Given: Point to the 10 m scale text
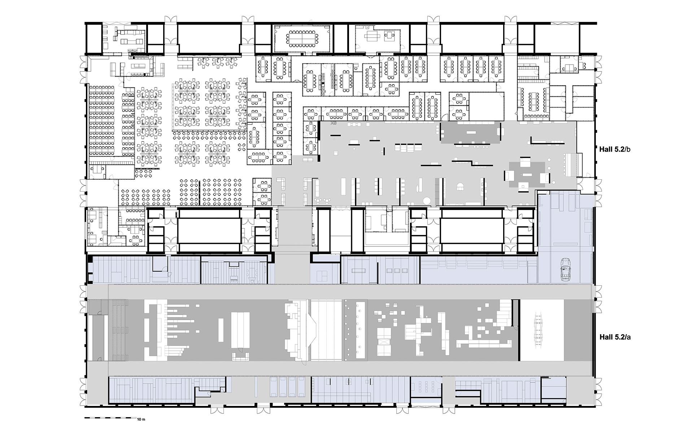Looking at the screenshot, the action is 141,420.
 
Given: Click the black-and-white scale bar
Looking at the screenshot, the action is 110,418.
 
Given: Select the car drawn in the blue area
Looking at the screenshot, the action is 565,269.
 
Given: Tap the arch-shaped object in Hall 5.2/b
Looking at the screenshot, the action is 461,186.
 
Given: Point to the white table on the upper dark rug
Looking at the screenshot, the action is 471,132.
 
